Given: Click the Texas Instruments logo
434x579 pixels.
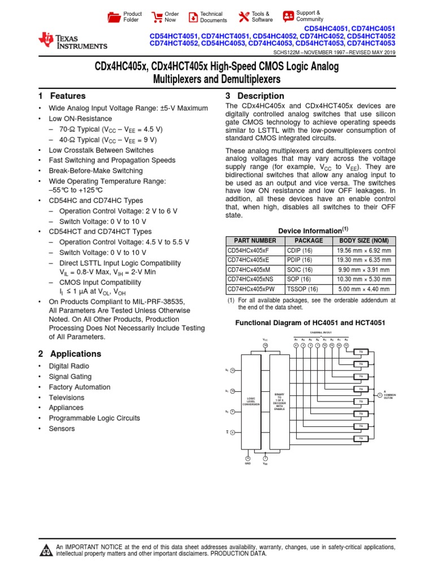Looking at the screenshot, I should pos(72,41).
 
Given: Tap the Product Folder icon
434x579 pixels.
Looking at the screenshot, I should pos(114,16).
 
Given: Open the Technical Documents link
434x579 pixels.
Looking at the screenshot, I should pos(193,16).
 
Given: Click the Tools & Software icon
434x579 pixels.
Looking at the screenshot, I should pos(244,16).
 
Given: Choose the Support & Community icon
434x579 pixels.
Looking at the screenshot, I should pos(288,16).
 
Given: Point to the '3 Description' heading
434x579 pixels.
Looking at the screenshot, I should pos(255,96).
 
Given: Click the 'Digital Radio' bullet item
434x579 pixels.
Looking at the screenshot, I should pos(69,366).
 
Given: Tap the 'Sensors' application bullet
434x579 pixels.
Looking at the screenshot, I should pos(62,429).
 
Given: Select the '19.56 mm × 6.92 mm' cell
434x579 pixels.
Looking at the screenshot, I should pos(364,250).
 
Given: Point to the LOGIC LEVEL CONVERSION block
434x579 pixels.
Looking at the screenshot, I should pos(251,403).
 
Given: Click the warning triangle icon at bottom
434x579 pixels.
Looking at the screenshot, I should pos(45,551).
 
